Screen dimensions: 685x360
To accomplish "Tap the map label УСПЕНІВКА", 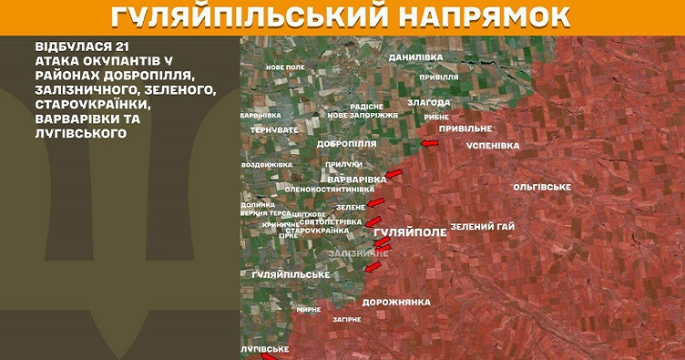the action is [492, 145].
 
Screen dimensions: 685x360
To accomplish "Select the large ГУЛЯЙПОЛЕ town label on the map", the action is [411, 232].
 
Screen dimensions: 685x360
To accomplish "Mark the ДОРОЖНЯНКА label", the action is [395, 301].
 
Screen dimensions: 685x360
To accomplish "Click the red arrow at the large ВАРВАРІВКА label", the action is [394, 172].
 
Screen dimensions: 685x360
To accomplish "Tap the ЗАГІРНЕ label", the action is [346, 319].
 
